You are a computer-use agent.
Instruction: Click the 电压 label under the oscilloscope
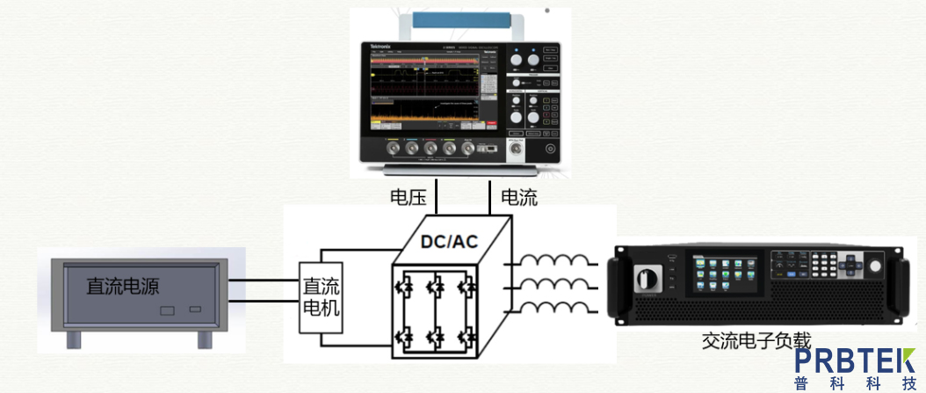pyautogui.click(x=409, y=198)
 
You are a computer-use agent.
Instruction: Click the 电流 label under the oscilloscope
pyautogui.click(x=518, y=198)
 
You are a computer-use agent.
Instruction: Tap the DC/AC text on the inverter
pyautogui.click(x=449, y=241)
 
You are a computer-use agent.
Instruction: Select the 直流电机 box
pyautogui.click(x=321, y=298)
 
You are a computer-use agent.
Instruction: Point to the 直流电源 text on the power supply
pyautogui.click(x=122, y=286)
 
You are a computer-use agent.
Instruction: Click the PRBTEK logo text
pyautogui.click(x=855, y=361)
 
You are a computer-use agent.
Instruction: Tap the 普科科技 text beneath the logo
pyautogui.click(x=855, y=384)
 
